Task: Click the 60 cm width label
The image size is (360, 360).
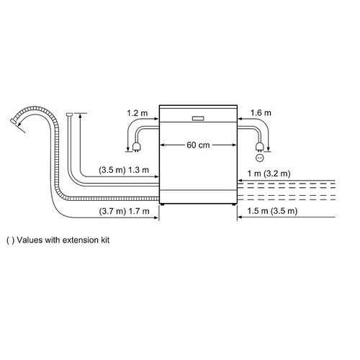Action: pos(198,145)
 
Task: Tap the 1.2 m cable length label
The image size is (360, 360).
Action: pos(138,113)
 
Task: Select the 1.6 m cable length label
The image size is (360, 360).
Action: pos(261,113)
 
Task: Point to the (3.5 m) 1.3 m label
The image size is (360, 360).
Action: pos(124,170)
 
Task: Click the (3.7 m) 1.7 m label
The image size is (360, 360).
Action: pos(124,212)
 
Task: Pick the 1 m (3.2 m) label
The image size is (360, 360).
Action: pos(269,174)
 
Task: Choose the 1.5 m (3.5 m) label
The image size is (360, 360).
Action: pos(272,211)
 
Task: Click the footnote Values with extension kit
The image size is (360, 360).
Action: pos(58,240)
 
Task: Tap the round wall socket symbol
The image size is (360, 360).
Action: pos(260,158)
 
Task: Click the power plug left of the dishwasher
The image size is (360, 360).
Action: pos(136,147)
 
